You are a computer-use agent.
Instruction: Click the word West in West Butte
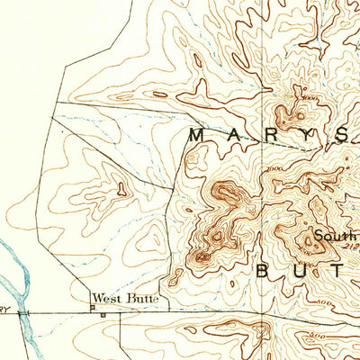(x=103, y=297)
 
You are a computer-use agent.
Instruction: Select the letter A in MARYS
(x=229, y=135)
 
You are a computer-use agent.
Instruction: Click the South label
(x=330, y=237)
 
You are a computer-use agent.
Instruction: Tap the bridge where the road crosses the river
(x=27, y=312)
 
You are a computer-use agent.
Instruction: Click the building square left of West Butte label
(x=91, y=306)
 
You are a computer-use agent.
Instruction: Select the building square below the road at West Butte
(x=103, y=315)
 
